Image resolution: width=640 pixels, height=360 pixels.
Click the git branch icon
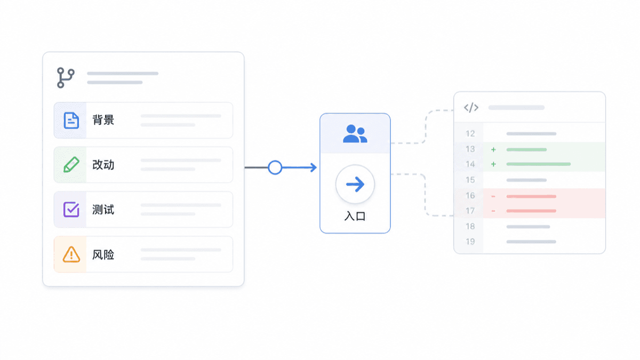click(66, 78)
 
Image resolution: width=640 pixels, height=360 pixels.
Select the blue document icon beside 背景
click(71, 121)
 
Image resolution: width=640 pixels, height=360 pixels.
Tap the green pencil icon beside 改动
click(71, 165)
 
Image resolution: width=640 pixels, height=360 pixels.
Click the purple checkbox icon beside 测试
click(71, 210)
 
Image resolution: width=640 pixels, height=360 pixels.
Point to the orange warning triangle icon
click(71, 254)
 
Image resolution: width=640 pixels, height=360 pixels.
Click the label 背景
click(103, 120)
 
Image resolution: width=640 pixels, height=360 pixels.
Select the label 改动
click(103, 165)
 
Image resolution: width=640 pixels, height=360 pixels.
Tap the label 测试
click(103, 210)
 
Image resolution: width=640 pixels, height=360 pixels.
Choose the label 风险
click(103, 254)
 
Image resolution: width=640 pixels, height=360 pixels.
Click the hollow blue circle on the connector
click(275, 167)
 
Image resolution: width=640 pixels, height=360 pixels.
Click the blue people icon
click(355, 134)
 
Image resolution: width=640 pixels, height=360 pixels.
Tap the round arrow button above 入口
click(355, 185)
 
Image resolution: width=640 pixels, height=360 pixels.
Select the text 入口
click(355, 216)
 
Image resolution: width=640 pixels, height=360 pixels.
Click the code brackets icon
click(471, 107)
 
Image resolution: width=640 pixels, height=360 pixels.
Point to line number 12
click(470, 134)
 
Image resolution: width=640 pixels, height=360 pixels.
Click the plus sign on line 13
click(493, 149)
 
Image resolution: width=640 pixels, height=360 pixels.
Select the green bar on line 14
click(539, 164)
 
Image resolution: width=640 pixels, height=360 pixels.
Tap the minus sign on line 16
click(493, 196)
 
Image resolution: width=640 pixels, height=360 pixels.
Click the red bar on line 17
click(531, 211)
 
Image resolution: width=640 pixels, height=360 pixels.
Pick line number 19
click(470, 242)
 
